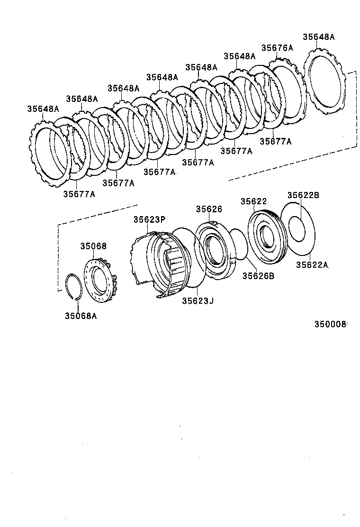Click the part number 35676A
277,48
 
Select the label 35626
209,209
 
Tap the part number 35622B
303,195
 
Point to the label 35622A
312,265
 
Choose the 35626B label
258,276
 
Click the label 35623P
149,219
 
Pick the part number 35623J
198,300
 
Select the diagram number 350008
331,324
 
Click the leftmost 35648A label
43,109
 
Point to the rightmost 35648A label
318,37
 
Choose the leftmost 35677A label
79,193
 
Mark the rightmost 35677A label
275,141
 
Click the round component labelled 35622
266,236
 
